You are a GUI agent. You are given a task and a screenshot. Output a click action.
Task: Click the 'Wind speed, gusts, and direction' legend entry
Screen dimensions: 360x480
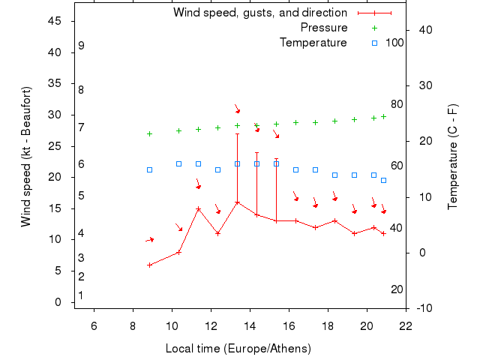[x=260, y=13]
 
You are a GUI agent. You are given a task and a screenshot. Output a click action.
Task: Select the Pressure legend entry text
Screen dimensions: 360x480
[x=324, y=28]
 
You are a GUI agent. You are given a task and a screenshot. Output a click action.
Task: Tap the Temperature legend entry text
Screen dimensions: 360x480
[x=313, y=43]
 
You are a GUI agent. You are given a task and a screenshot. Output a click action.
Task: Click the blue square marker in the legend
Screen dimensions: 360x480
[x=374, y=43]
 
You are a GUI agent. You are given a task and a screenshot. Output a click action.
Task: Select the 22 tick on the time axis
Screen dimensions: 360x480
[x=406, y=325]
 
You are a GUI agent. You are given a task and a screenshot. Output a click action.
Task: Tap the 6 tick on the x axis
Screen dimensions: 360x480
[x=94, y=325]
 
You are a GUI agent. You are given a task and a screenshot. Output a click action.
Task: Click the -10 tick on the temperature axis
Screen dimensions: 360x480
[x=424, y=308]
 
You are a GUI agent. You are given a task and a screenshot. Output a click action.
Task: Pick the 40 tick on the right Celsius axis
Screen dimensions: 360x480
[x=424, y=30]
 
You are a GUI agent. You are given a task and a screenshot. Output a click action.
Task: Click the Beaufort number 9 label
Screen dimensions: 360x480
[x=81, y=46]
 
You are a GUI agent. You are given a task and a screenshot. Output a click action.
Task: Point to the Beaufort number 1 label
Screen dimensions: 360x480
[x=81, y=295]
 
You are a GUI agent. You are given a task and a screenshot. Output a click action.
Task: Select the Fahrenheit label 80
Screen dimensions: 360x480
[x=397, y=104]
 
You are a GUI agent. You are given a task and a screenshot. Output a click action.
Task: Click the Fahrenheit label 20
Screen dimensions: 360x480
[x=397, y=289]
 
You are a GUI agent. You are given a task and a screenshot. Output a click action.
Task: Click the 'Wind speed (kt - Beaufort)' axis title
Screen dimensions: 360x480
[x=26, y=157]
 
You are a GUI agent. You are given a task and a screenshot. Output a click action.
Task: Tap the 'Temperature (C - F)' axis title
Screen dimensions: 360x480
[x=453, y=157]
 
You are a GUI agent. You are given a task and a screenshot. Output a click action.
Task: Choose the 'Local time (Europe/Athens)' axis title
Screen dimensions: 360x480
[x=238, y=349]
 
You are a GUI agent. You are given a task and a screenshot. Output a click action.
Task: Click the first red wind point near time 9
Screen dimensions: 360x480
[x=149, y=265]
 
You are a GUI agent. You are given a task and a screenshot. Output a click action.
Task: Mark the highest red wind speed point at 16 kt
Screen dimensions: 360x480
[x=237, y=202]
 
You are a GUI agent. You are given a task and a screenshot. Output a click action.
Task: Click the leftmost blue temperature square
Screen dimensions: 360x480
[x=149, y=169]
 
